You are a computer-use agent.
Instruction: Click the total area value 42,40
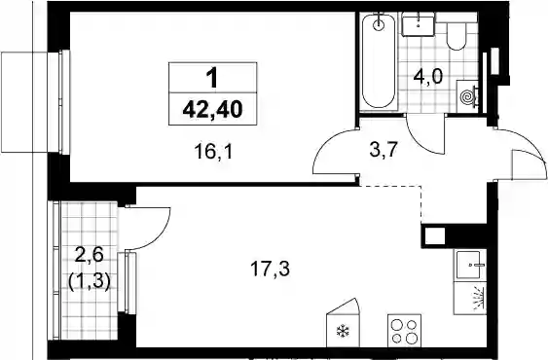point(212,109)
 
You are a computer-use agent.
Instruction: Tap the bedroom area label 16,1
point(213,152)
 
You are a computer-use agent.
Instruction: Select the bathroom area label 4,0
point(428,76)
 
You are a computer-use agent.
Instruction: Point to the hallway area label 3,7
point(384,150)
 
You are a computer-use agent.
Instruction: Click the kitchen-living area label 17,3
point(271,270)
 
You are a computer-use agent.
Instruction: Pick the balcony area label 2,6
point(90,256)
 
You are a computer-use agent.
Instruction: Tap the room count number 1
point(212,78)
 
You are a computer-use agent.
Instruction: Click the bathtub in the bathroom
point(379,61)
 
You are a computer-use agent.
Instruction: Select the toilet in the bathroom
point(457,36)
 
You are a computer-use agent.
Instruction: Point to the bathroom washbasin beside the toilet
point(418,23)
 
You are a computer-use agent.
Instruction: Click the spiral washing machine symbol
point(466,95)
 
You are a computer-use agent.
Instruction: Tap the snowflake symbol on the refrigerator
point(343,331)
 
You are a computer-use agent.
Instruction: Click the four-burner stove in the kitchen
point(404,330)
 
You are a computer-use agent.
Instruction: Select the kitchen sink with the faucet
point(471,266)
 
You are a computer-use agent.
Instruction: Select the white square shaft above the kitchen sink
point(435,235)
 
